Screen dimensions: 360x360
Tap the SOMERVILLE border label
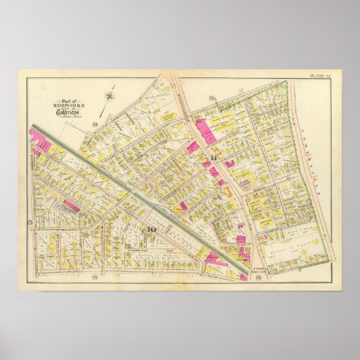313,149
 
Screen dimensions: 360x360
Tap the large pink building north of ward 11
205,129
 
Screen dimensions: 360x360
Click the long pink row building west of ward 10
71,205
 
